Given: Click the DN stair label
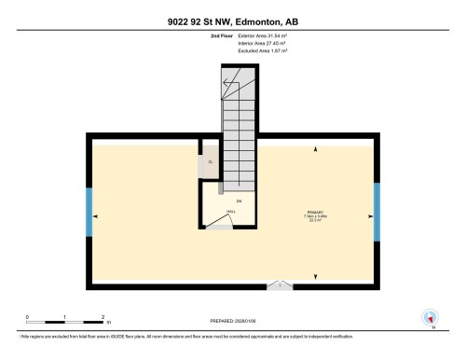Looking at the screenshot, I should [239, 201].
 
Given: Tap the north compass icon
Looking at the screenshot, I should [430, 317].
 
